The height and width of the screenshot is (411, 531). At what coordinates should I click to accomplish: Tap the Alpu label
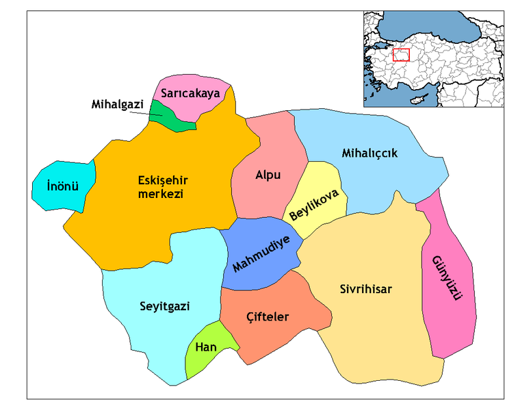[268, 175]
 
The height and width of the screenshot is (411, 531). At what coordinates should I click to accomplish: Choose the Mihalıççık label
[370, 153]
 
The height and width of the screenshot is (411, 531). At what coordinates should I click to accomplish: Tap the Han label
[206, 347]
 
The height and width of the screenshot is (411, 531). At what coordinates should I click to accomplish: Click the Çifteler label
[268, 316]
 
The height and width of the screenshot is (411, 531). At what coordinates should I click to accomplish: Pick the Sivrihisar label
[366, 289]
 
